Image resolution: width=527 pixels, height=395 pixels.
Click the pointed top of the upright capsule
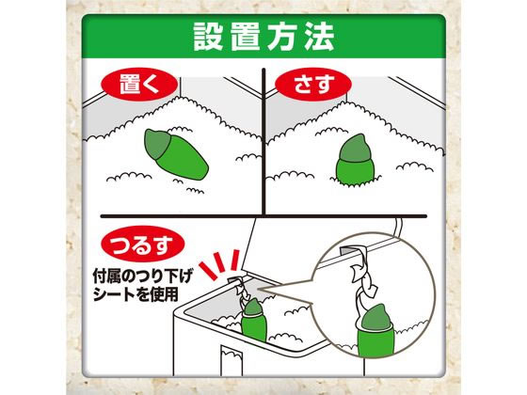click(354, 141)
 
